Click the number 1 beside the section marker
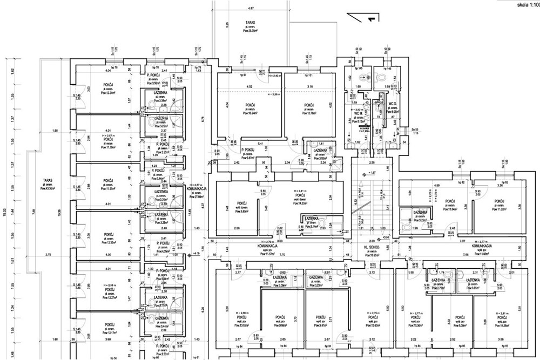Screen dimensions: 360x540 [x=370, y=19]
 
